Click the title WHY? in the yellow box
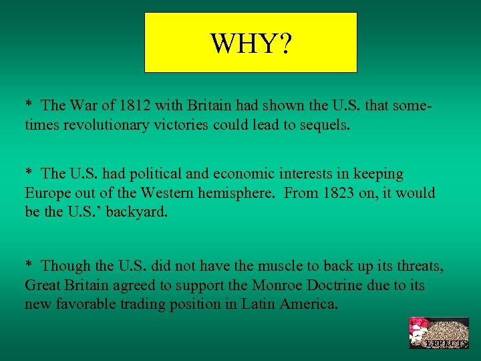[251, 43]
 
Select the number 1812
[138, 105]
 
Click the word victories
[192, 124]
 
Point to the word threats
[418, 265]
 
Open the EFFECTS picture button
[439, 333]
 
